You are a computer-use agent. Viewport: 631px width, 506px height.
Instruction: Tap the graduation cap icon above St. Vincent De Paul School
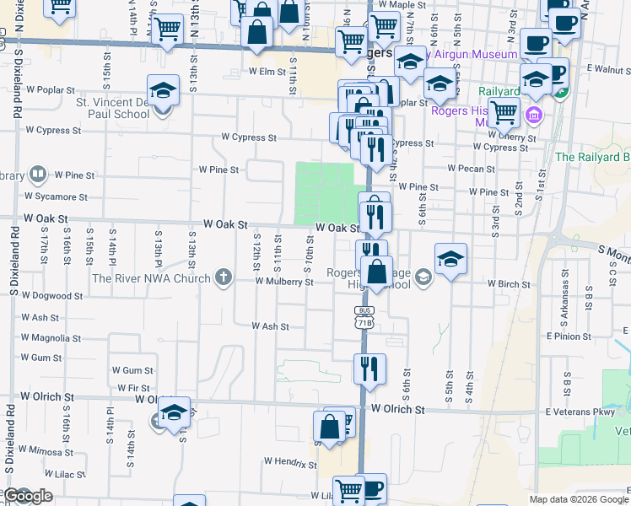click(163, 90)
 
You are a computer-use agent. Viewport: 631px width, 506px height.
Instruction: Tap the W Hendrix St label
click(289, 461)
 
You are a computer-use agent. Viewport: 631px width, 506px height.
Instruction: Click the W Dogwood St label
click(52, 296)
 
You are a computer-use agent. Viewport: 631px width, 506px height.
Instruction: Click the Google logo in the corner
click(28, 497)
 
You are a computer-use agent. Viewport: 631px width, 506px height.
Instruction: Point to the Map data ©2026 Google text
click(579, 499)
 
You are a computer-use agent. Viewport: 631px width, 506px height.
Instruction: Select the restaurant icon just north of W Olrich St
click(369, 369)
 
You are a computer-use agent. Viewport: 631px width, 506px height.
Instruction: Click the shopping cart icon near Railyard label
click(504, 110)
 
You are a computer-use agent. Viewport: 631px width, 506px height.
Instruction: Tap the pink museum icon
click(533, 114)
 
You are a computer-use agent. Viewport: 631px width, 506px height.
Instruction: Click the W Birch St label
click(513, 284)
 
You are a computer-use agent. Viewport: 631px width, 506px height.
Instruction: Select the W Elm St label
click(272, 72)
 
